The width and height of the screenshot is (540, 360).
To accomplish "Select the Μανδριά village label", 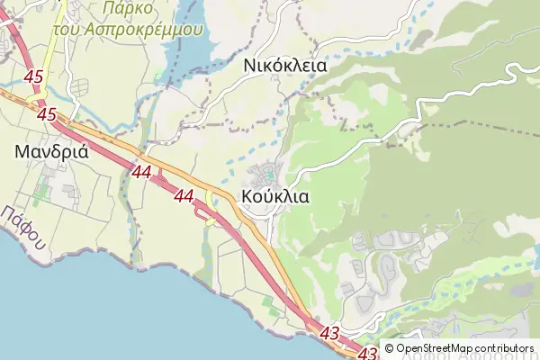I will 51,151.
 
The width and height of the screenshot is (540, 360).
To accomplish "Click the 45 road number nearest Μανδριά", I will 48,114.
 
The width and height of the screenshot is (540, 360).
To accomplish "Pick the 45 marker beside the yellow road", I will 35,78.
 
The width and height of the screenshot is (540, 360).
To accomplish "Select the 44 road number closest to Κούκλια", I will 185,194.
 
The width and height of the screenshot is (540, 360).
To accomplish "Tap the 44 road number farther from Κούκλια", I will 141,170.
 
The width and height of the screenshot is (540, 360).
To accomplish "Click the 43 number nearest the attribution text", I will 367,352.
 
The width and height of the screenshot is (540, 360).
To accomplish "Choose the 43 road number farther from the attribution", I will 329,334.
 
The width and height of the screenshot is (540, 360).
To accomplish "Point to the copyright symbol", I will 389,349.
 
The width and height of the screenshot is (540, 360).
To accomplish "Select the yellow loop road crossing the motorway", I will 211,207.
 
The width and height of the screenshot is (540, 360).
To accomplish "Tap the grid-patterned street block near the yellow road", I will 81,87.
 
